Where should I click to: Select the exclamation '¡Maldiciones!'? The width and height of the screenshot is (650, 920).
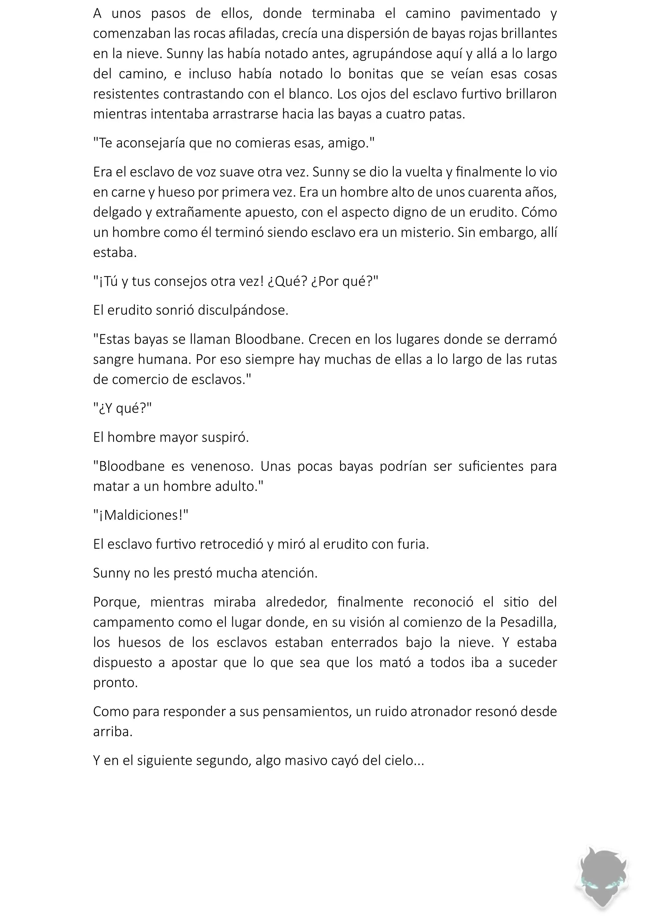pos(141,515)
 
